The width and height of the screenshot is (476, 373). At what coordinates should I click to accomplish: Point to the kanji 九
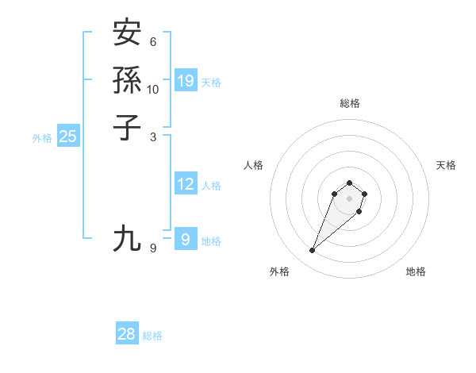(x=127, y=238)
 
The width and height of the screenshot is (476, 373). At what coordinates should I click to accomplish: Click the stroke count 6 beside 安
(x=153, y=42)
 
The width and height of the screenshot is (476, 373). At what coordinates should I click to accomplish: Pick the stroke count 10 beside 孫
(x=153, y=90)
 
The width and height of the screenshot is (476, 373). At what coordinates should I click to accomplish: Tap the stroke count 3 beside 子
(x=153, y=137)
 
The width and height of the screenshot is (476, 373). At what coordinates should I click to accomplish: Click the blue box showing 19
(x=186, y=80)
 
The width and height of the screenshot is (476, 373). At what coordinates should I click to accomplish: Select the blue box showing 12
(x=186, y=184)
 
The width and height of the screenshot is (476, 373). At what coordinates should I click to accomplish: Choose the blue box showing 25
(x=68, y=137)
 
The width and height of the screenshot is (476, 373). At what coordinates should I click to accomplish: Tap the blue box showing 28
(x=127, y=334)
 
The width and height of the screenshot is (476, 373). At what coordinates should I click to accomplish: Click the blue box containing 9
(x=186, y=239)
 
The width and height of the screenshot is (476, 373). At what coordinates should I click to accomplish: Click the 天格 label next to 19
(x=211, y=82)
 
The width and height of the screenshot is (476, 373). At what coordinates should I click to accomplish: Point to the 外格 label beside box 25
(x=42, y=137)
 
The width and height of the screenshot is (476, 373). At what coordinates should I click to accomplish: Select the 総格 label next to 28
(x=152, y=336)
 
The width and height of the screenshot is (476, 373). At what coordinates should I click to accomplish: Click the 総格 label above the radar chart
(x=349, y=103)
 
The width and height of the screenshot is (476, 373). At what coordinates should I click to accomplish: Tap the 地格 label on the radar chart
(x=416, y=271)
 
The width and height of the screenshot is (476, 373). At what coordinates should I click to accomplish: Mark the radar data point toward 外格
(x=313, y=251)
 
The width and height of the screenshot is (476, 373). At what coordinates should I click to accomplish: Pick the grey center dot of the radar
(x=349, y=198)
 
